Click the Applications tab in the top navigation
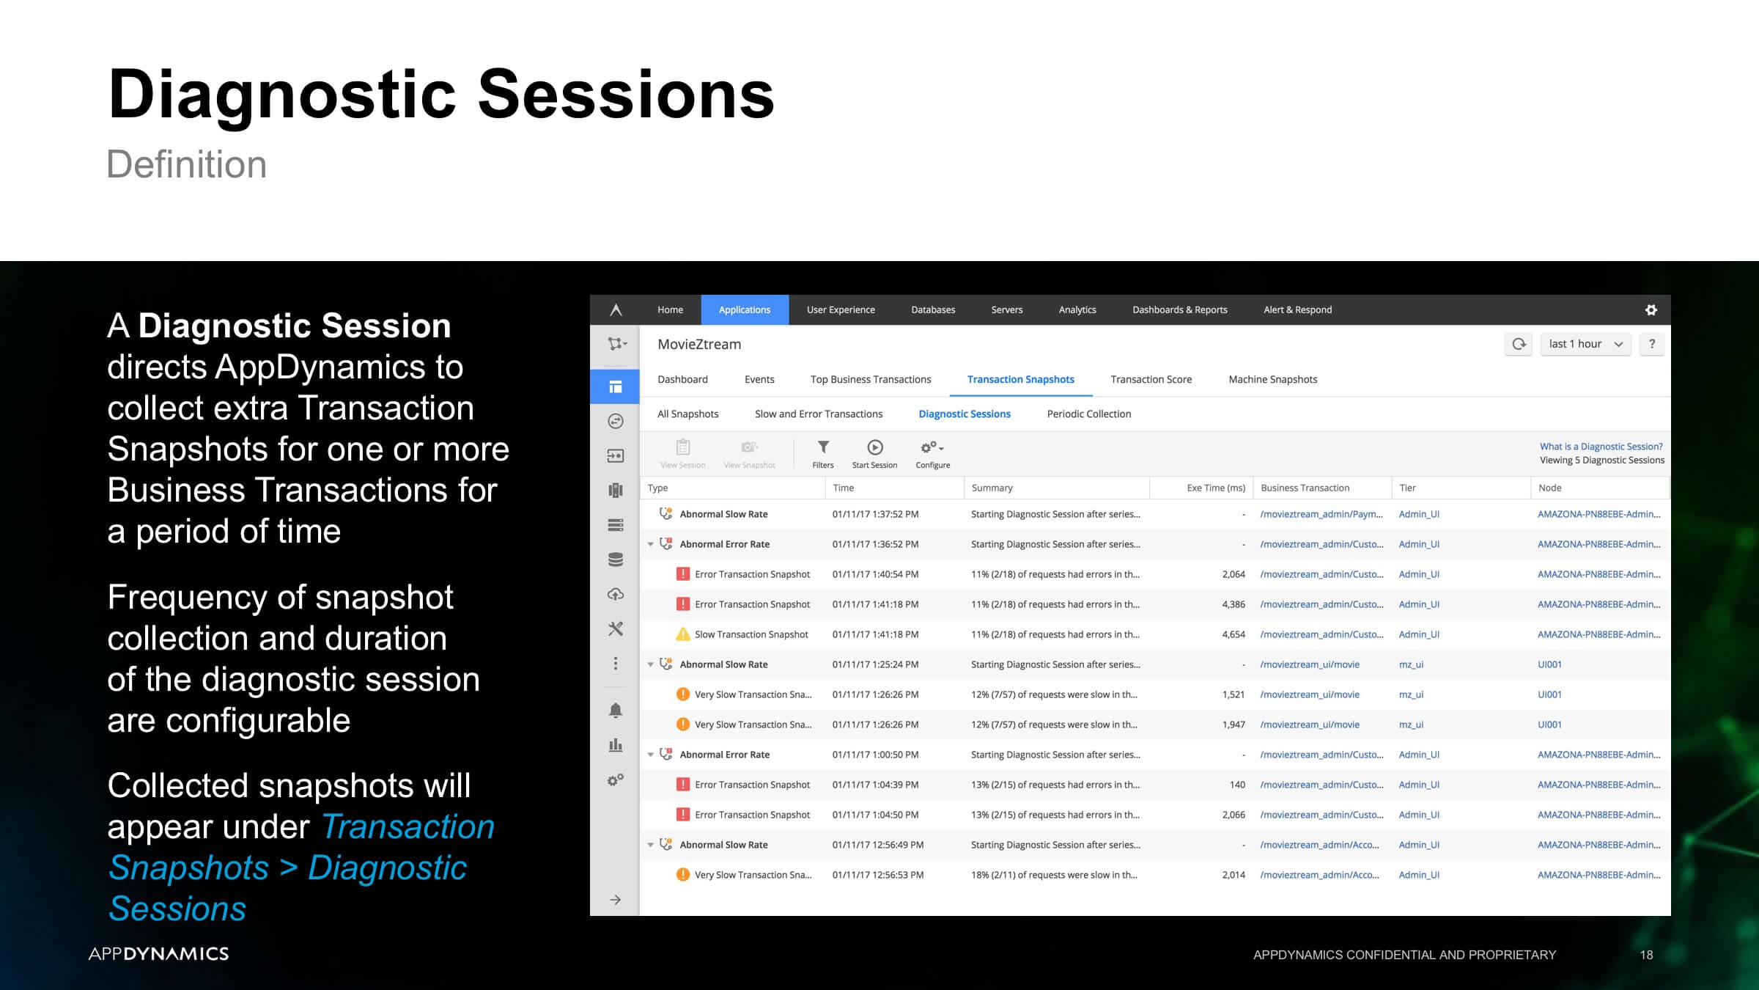coord(745,309)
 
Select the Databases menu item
coord(933,309)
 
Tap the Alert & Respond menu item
coord(1297,309)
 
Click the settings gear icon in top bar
coord(1651,310)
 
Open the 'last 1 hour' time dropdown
coord(1585,344)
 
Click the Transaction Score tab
coord(1151,379)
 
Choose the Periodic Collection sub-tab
coord(1088,414)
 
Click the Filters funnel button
coord(823,454)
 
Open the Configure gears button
coord(932,454)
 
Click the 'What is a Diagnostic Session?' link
coord(1601,446)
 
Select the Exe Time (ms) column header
coord(1216,488)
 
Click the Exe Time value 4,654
coord(1233,634)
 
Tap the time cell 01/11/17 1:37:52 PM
coord(875,514)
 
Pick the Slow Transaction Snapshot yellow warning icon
coord(682,634)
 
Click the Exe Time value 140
coord(1237,785)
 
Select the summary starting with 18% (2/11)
coord(1054,875)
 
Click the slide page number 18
coord(1646,955)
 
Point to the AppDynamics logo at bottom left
coord(158,953)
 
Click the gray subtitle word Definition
coord(187,164)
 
